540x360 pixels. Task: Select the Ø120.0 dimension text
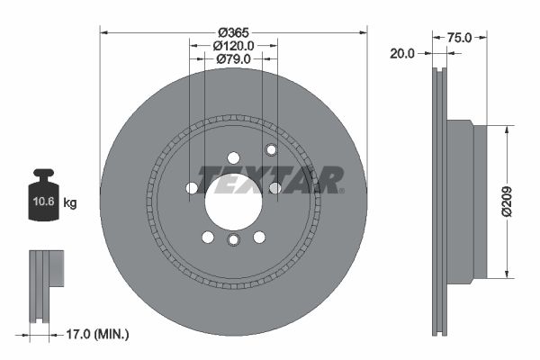(x=233, y=44)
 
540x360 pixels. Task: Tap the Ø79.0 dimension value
(x=233, y=59)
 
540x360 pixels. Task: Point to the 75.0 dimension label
(x=460, y=38)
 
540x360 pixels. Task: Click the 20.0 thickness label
(x=402, y=53)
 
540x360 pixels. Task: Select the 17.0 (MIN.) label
(x=98, y=333)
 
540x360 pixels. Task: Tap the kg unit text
(x=70, y=203)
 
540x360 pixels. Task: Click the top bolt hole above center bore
(x=233, y=155)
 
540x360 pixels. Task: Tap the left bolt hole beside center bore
(x=192, y=187)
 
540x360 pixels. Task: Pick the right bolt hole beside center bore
(x=274, y=187)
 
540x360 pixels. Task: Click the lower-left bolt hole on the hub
(x=208, y=237)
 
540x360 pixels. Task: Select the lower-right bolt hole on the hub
(x=259, y=237)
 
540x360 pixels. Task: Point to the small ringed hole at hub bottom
(x=233, y=241)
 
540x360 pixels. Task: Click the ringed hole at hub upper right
(x=271, y=149)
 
